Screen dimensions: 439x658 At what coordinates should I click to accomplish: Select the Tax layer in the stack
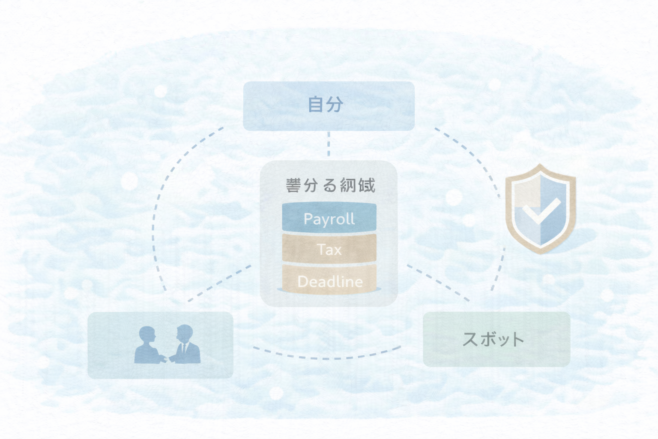[329, 249]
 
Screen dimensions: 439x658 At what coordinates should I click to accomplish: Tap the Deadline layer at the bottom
[329, 281]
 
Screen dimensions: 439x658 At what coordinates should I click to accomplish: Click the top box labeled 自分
[329, 106]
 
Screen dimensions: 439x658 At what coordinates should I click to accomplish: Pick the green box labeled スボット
[496, 339]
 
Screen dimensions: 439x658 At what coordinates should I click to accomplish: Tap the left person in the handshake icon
[147, 345]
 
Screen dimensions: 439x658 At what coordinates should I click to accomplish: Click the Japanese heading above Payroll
[330, 186]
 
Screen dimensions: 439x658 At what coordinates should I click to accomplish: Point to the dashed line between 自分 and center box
[329, 145]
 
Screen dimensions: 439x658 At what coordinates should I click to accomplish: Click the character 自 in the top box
[316, 105]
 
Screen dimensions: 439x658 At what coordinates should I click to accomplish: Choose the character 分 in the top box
[335, 105]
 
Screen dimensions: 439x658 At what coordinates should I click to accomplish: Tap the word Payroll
[329, 219]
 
